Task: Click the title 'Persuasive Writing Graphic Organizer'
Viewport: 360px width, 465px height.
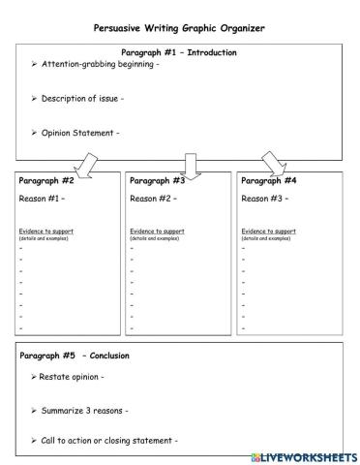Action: pos(178,28)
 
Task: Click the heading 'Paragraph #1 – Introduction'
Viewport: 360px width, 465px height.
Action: pos(179,52)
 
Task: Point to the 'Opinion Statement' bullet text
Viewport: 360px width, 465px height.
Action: pos(80,133)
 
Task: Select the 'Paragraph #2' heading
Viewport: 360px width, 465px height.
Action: pos(47,181)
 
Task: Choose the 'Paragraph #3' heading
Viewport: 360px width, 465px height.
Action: pos(158,181)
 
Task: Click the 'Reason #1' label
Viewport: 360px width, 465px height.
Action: pos(41,199)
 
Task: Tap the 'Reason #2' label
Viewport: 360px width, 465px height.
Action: pos(152,199)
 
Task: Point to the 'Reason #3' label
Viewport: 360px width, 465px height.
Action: pos(263,199)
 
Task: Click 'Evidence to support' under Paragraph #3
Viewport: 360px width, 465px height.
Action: pos(157,232)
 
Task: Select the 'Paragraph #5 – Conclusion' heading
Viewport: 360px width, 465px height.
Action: pos(75,356)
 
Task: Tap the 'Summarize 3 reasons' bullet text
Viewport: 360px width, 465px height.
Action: pos(83,411)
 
